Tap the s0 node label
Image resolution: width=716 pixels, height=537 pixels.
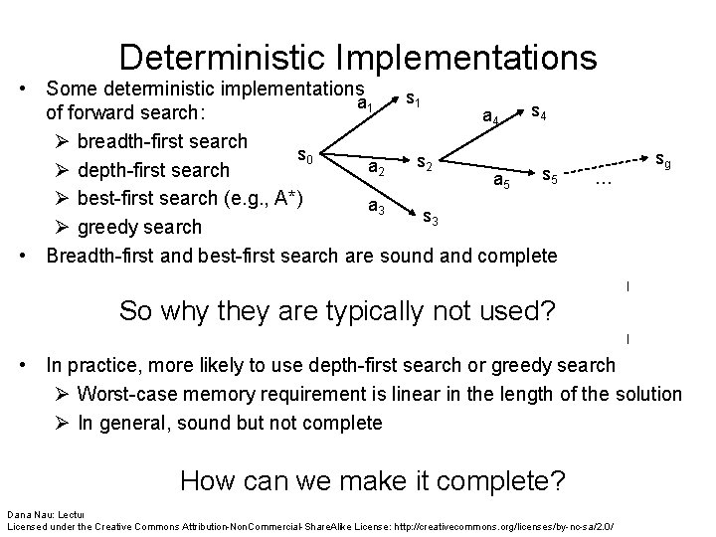(305, 156)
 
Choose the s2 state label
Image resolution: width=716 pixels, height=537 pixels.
(424, 161)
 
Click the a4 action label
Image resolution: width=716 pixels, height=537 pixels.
(490, 119)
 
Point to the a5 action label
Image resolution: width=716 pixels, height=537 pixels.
(505, 180)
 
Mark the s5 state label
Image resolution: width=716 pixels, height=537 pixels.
(549, 176)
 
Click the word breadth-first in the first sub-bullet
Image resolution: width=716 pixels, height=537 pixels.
(132, 137)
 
